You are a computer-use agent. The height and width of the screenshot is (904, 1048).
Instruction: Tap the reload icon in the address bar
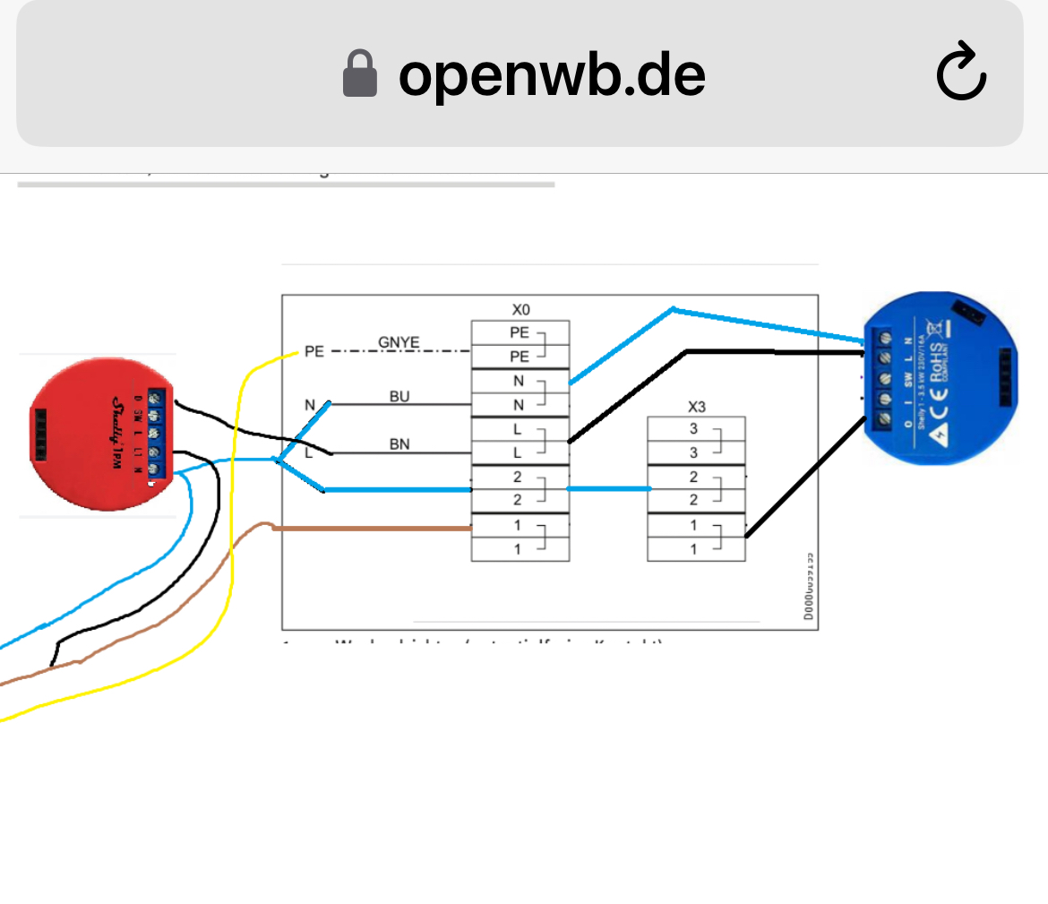(x=961, y=73)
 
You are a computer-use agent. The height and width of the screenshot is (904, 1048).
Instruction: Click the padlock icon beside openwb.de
(x=360, y=73)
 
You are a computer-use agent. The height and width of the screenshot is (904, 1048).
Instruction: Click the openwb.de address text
(x=552, y=74)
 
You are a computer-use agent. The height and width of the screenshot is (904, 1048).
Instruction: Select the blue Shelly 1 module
(x=940, y=377)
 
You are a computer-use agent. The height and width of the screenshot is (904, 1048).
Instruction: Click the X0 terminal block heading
(x=520, y=310)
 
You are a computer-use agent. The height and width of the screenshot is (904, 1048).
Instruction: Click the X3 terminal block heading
(x=697, y=407)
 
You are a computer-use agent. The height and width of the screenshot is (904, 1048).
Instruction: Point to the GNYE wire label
(x=399, y=342)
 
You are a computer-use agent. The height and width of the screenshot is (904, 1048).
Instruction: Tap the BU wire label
(x=399, y=396)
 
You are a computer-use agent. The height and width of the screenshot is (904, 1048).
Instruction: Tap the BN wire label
(x=399, y=443)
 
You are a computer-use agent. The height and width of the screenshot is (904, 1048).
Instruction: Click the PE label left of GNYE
(x=314, y=351)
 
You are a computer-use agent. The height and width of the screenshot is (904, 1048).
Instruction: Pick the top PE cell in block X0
(x=520, y=332)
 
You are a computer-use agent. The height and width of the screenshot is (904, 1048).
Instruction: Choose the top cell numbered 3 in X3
(x=694, y=429)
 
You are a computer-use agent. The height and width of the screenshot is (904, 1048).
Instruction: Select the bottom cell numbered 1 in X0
(x=518, y=549)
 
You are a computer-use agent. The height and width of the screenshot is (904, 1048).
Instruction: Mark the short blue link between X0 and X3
(x=609, y=488)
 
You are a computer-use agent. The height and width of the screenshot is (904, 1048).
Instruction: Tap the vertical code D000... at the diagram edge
(x=809, y=587)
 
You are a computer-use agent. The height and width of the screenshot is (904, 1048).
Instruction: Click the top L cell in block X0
(x=518, y=429)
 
